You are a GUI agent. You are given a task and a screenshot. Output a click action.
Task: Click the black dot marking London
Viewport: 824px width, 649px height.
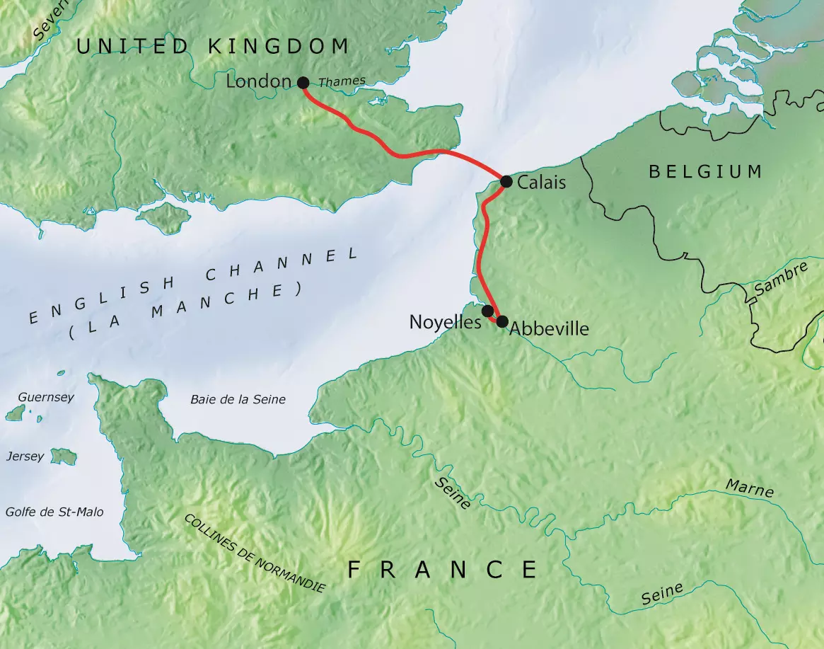tap(303, 82)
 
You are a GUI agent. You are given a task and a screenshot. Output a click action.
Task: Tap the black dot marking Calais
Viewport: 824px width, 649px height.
tap(506, 182)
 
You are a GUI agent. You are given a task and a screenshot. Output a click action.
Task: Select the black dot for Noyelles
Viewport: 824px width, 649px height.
tap(487, 311)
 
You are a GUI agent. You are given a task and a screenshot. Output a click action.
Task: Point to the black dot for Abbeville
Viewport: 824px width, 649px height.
tap(502, 322)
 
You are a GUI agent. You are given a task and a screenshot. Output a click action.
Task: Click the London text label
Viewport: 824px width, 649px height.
tap(258, 82)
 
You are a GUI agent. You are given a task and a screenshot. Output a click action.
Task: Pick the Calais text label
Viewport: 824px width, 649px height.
tap(542, 183)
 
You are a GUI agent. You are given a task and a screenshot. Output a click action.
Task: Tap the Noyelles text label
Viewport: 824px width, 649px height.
tap(445, 322)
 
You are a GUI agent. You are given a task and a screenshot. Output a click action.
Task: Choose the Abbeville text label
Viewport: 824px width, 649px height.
tap(549, 329)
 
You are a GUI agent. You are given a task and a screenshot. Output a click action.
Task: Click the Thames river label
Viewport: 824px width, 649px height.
tap(342, 82)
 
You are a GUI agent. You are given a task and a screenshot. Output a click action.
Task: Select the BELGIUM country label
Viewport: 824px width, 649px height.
tap(705, 171)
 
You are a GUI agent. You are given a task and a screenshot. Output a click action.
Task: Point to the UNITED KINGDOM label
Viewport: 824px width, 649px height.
tap(212, 47)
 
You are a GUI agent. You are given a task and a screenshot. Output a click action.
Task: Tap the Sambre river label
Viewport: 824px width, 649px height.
tap(780, 280)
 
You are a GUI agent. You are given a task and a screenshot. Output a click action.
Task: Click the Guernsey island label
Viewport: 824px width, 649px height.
tap(46, 398)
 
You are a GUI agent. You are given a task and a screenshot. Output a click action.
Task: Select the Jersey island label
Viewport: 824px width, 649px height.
tap(24, 457)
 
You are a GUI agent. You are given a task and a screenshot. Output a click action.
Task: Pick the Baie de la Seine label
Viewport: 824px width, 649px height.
tap(238, 400)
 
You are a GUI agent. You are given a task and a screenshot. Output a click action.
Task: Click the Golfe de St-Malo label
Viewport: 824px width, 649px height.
tap(54, 512)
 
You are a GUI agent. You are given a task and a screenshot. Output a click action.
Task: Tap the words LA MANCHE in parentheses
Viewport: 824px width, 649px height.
tap(185, 310)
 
